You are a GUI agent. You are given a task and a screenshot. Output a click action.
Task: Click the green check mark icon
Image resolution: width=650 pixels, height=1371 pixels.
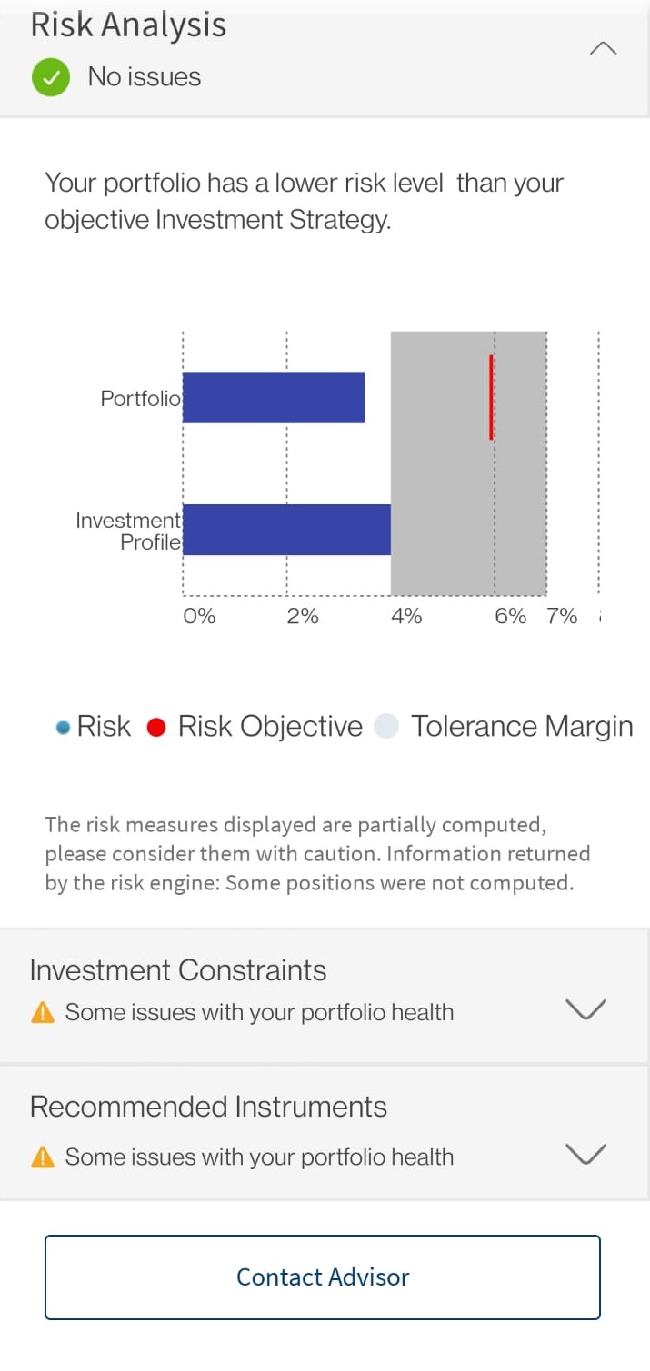coord(51,77)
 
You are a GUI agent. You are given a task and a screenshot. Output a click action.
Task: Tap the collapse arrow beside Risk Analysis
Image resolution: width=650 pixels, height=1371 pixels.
coord(603,48)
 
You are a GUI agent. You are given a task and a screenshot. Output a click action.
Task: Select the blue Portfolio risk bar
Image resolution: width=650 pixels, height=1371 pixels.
coord(274,397)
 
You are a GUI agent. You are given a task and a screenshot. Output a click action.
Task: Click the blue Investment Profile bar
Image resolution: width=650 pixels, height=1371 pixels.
coord(286,530)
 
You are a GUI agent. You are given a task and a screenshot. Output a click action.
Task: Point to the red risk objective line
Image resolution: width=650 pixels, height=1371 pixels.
coord(491,397)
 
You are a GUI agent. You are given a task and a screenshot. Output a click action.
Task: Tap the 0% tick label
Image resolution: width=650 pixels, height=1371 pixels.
coord(199,616)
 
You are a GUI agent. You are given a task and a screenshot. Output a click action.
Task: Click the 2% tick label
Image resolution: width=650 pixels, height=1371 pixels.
coord(303,616)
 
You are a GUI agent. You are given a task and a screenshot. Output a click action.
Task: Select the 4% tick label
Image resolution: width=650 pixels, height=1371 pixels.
coord(406,616)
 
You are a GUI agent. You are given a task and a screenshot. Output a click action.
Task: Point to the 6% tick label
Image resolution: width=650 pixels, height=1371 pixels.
coord(510,616)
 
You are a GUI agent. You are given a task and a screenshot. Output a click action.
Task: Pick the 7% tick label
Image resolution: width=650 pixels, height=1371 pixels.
coord(562,616)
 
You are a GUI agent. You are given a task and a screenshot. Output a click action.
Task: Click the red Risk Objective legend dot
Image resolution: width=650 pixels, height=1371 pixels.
coord(156,727)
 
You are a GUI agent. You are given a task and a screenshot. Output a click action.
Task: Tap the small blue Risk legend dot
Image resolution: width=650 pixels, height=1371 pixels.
coord(63,727)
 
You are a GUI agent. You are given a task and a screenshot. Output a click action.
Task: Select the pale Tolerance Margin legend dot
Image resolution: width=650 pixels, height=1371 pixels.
coord(386,726)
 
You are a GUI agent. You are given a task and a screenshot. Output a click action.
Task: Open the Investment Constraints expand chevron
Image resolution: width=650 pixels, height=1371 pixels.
coord(585,1009)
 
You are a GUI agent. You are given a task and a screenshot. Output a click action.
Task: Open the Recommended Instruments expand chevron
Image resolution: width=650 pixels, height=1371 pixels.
coord(585,1154)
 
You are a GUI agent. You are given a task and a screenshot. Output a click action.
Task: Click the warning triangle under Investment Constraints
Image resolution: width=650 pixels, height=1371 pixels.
coord(42,1012)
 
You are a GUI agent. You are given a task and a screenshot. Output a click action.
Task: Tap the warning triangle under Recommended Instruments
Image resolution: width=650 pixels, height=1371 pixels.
coord(42,1157)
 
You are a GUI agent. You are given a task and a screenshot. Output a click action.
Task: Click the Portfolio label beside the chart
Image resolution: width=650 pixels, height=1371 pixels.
coord(140,399)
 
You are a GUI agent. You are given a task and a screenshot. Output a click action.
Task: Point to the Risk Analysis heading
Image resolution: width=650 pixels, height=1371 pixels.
coord(129,25)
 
